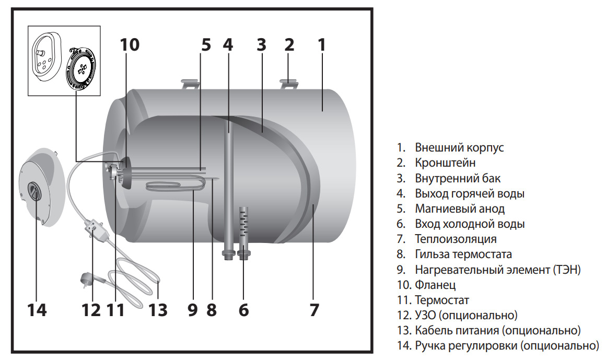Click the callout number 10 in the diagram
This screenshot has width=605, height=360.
(x=130, y=45)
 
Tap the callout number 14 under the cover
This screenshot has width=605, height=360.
(x=37, y=310)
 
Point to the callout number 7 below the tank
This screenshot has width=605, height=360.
(x=313, y=310)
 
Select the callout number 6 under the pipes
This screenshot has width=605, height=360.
(x=243, y=310)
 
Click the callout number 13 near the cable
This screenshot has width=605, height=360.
(x=157, y=310)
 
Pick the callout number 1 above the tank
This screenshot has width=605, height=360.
(x=322, y=45)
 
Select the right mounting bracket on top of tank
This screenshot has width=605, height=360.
(x=289, y=84)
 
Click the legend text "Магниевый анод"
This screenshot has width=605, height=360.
(x=460, y=208)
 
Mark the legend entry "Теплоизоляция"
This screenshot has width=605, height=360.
(x=456, y=239)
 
